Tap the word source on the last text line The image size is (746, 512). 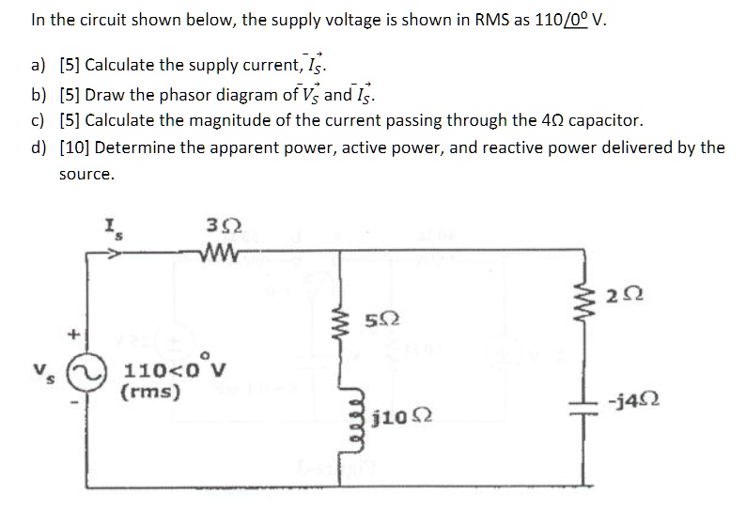pos(85,175)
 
